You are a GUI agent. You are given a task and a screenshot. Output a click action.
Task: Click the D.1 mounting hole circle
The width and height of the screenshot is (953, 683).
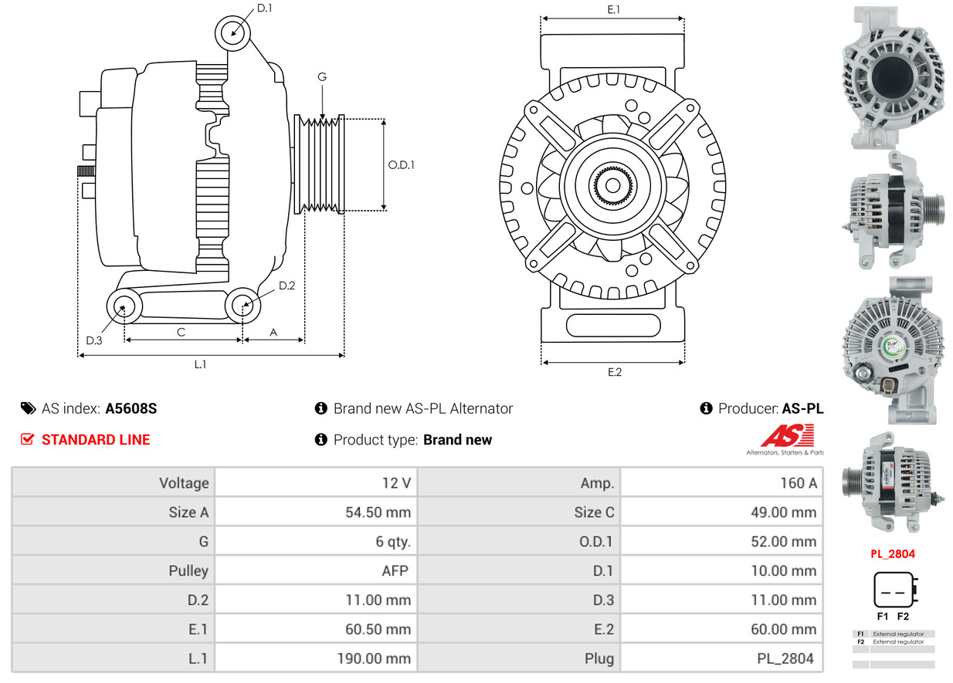232,33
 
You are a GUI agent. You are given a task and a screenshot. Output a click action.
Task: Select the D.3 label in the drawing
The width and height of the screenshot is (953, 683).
94,340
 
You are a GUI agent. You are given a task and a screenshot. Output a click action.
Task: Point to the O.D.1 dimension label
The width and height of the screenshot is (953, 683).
401,164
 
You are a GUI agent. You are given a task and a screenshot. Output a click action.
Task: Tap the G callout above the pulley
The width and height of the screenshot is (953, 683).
322,76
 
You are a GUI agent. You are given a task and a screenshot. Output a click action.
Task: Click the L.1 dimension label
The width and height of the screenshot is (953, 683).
200,364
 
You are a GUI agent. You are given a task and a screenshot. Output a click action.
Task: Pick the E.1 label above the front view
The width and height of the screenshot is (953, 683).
614,9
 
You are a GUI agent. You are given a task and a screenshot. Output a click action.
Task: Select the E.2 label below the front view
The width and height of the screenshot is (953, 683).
614,372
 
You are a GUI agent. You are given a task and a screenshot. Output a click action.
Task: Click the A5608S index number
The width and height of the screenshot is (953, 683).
131,408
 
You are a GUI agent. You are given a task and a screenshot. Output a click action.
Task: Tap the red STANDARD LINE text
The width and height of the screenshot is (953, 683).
96,440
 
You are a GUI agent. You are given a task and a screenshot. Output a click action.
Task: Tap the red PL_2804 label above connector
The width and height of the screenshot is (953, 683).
894,553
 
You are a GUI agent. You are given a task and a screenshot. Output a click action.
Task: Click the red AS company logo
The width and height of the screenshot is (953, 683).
786,437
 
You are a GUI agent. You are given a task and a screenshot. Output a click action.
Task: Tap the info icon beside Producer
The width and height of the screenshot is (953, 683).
706,408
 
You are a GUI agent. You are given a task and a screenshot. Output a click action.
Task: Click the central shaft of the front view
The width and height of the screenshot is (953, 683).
612,185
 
